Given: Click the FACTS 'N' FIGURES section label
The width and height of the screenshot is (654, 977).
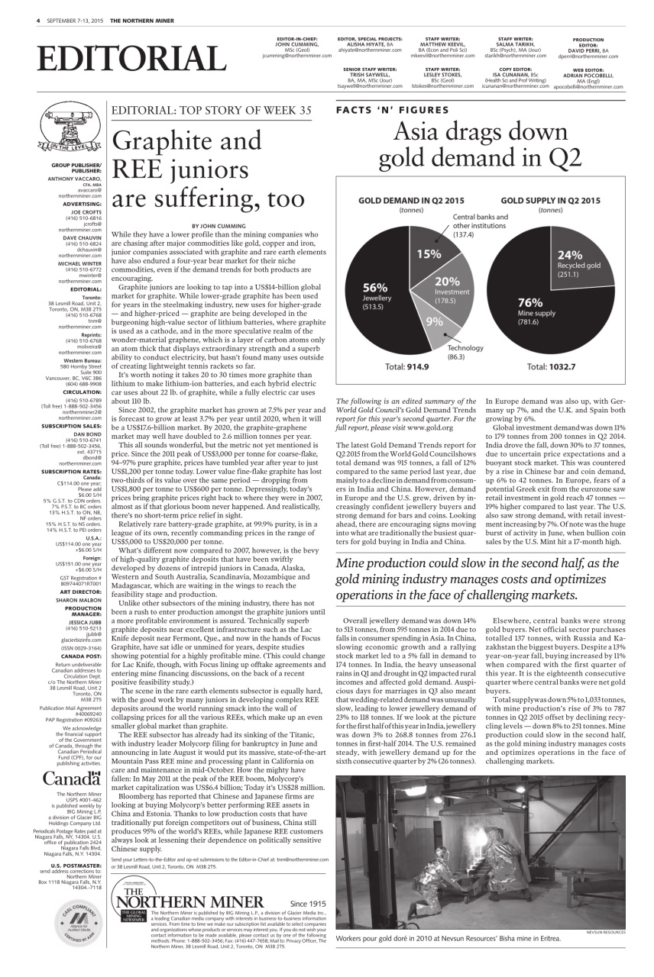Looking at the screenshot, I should (x=392, y=110).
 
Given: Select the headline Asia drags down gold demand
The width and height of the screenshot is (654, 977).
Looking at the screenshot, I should (x=480, y=145).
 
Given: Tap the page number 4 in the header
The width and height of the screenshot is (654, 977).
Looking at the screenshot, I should (x=37, y=19).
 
